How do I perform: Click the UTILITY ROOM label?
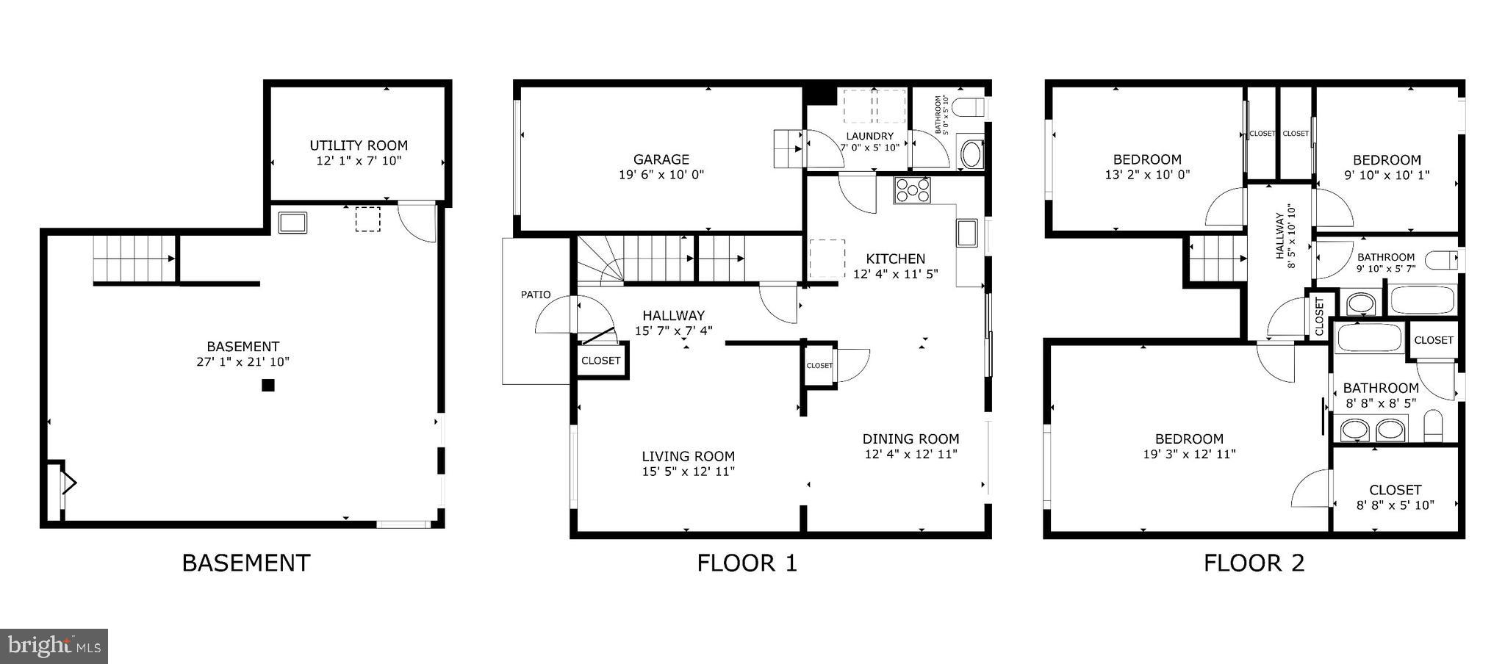(x=359, y=145)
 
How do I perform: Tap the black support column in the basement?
(x=268, y=385)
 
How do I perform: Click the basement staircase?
(x=134, y=258)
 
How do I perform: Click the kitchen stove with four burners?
(x=913, y=191)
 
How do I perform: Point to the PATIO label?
(x=536, y=295)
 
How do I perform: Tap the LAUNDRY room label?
(x=869, y=136)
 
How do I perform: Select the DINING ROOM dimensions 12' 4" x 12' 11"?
(x=910, y=454)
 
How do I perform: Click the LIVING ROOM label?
(x=689, y=456)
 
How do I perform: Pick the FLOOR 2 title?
(x=1254, y=563)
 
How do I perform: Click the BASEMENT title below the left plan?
(x=246, y=563)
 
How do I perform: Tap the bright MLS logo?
(x=54, y=646)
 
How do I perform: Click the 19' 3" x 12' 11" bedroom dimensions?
(x=1189, y=455)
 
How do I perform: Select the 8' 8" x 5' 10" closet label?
(x=1395, y=505)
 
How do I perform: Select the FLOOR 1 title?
(x=747, y=563)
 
